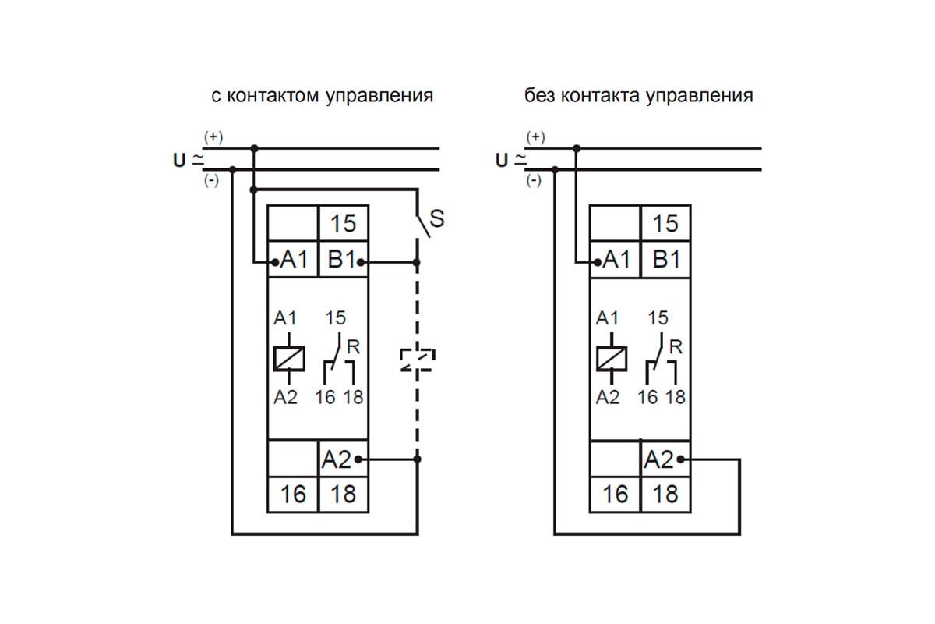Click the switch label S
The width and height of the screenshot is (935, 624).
437,219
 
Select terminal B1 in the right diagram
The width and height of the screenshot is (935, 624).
665,259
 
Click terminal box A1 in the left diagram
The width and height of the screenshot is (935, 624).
293,261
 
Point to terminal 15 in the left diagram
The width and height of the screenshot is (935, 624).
343,224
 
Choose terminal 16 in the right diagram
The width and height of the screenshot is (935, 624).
616,494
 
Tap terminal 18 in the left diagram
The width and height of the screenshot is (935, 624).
343,494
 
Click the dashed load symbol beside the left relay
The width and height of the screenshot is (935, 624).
417,359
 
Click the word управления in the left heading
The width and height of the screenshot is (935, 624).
379,97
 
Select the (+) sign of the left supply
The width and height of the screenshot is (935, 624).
213,137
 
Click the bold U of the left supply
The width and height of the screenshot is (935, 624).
179,161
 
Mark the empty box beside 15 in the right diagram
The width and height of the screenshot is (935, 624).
616,224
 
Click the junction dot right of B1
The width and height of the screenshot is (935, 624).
418,264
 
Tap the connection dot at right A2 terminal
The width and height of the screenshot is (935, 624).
680,460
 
